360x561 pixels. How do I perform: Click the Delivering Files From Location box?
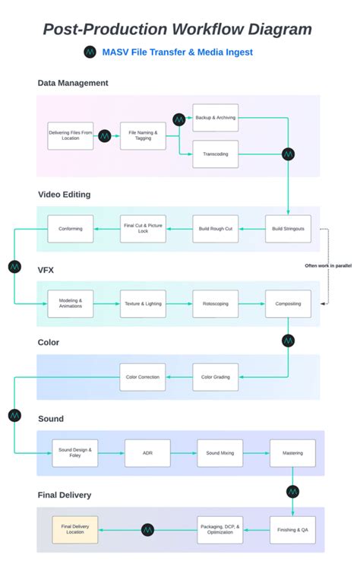point(71,135)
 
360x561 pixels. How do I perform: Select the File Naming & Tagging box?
point(143,135)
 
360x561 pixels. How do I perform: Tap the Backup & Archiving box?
point(215,118)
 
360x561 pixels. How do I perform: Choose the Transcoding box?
point(215,154)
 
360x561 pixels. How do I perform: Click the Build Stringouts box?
point(288,229)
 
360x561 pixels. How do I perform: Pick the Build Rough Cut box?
point(215,229)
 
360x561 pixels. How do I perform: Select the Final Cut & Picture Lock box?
point(143,229)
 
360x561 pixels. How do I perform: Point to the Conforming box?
point(71,229)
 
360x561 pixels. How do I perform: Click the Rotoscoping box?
point(215,303)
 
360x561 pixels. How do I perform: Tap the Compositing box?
point(288,303)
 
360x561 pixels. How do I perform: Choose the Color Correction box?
point(143,377)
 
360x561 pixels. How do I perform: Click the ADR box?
point(147,453)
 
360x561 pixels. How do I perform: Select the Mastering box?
point(292,453)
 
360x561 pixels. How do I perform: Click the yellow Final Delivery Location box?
point(74,529)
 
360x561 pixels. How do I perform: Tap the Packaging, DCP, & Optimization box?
point(220,529)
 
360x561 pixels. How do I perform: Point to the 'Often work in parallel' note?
point(329,265)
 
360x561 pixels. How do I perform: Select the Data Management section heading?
point(73,83)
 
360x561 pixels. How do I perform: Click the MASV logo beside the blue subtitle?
point(90,52)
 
